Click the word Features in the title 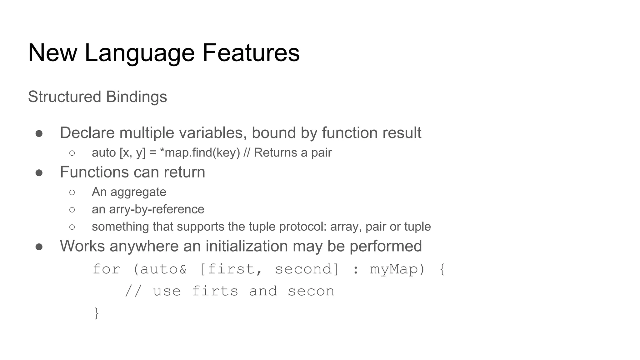click(251, 52)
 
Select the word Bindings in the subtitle click(136, 97)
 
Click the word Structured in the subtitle click(64, 97)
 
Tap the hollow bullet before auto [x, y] click(72, 153)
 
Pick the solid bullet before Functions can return click(39, 173)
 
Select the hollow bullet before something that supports click(72, 227)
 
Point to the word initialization click(247, 246)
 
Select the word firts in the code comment click(215, 291)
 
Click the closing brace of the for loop click(97, 313)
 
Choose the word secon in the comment click(311, 291)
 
